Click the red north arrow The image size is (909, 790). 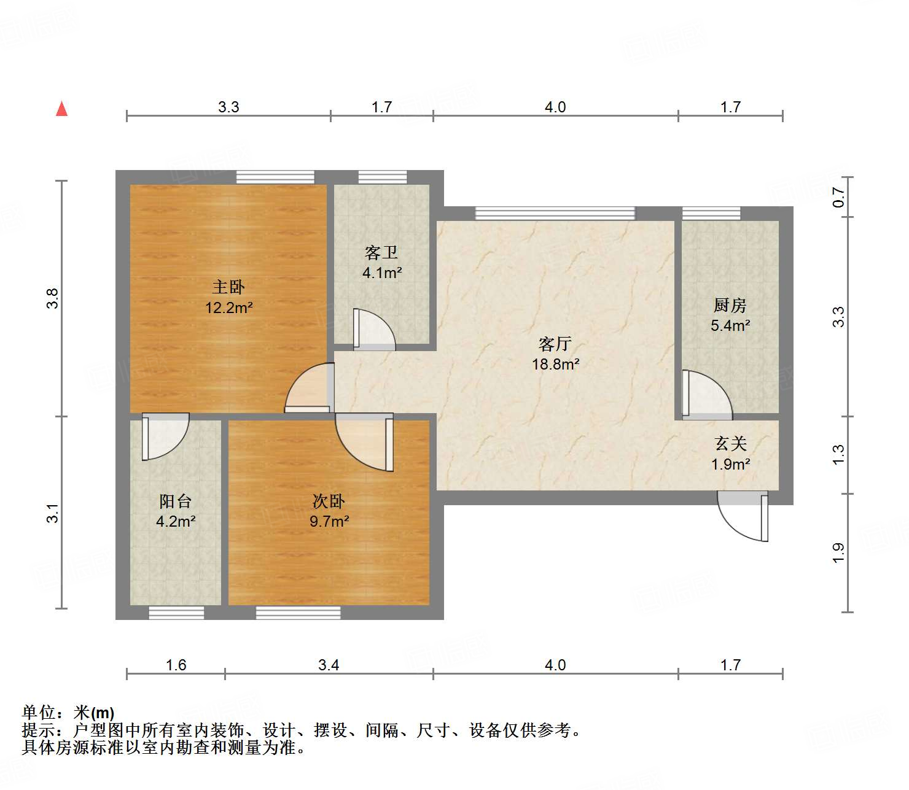point(61,109)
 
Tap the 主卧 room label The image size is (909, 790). point(228,287)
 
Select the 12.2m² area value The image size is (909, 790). point(228,308)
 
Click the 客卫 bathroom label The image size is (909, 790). point(381,252)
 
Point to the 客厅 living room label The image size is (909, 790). point(555,344)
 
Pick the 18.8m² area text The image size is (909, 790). point(555,365)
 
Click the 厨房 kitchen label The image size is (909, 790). point(730,305)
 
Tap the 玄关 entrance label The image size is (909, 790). point(730,443)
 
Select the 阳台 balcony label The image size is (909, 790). point(176,501)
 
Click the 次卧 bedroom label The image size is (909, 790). point(329,501)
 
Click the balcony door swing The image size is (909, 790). point(165,437)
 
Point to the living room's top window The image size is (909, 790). point(555,214)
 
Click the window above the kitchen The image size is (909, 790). point(711,214)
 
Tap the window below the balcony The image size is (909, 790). point(176,612)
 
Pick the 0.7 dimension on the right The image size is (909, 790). point(839,197)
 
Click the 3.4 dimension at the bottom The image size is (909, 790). point(329,665)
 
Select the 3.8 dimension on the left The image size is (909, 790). point(53,298)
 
